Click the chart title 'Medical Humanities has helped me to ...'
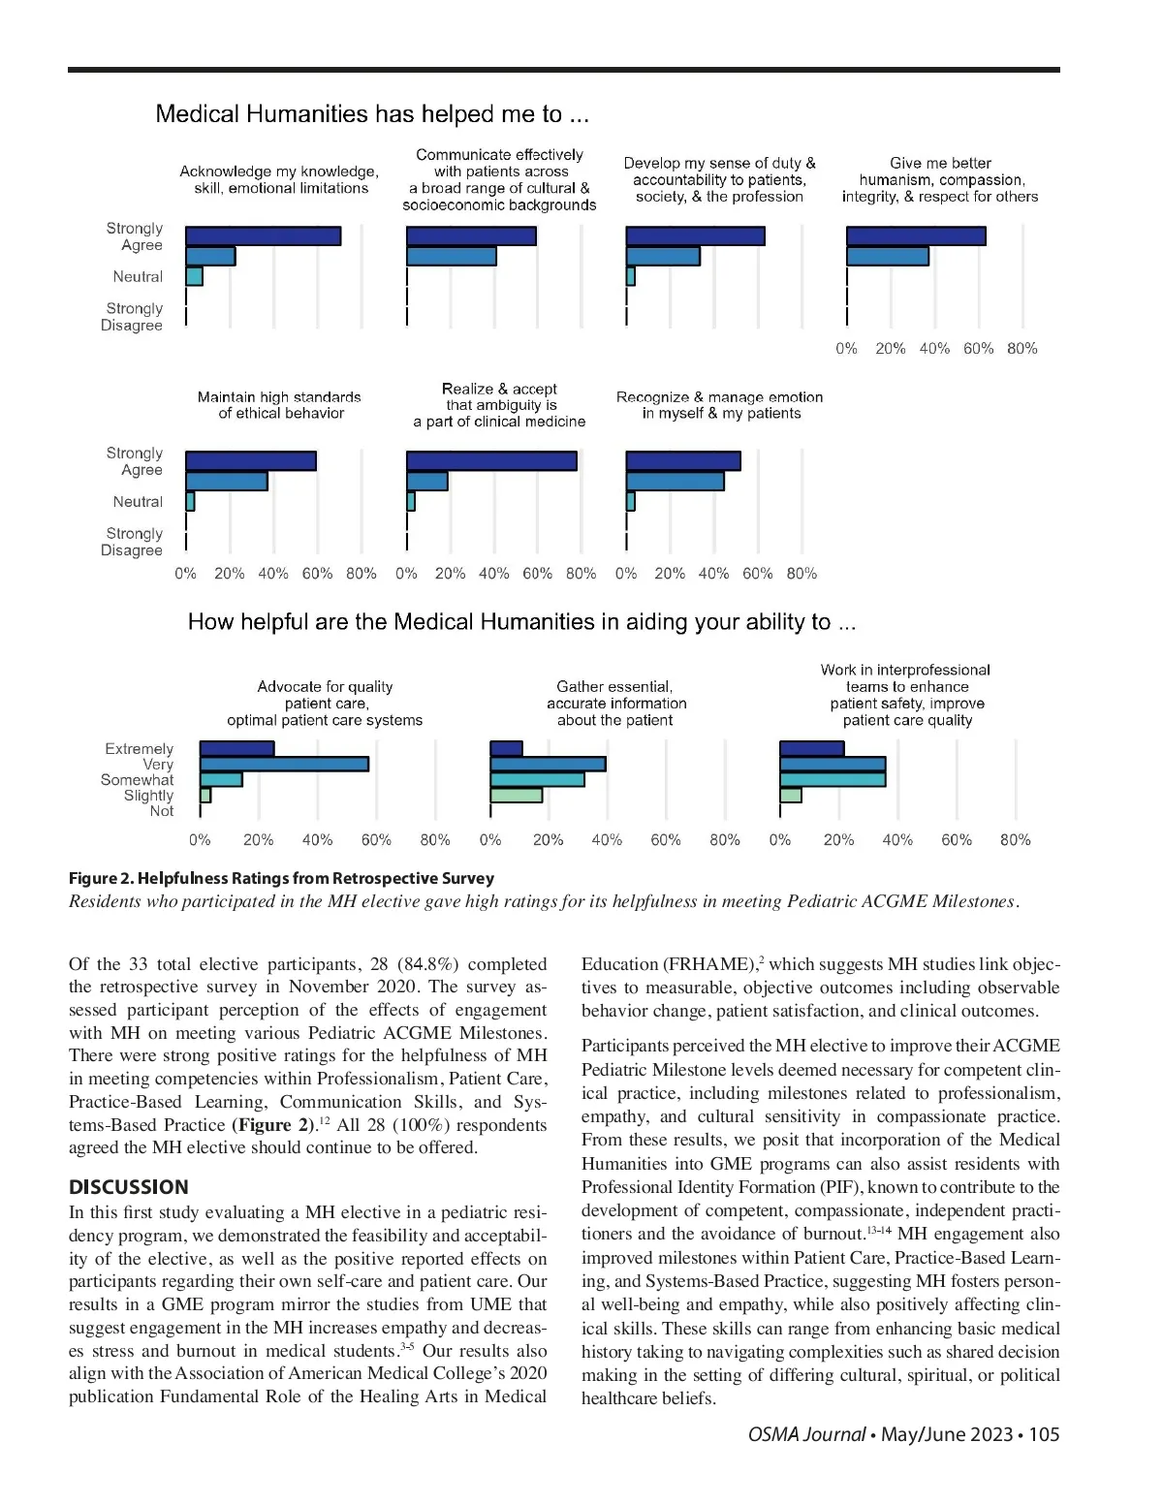click(x=372, y=114)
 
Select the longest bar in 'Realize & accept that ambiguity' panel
click(x=491, y=461)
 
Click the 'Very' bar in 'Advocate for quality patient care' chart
click(x=284, y=764)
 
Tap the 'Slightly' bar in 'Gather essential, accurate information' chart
click(x=516, y=796)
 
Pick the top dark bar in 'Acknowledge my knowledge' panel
click(x=263, y=236)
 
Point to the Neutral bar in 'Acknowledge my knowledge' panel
click(x=194, y=277)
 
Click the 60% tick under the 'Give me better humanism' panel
click(x=978, y=349)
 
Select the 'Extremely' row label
click(x=139, y=749)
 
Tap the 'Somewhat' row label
click(x=137, y=780)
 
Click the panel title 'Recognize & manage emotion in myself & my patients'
click(x=720, y=405)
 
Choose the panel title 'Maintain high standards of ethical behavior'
click(x=279, y=405)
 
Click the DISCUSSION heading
click(x=129, y=1187)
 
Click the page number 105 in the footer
click(x=1044, y=1434)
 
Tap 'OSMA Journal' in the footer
click(x=806, y=1434)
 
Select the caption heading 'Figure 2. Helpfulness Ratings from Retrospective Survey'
click(x=281, y=878)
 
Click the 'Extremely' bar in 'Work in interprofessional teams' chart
click(x=812, y=749)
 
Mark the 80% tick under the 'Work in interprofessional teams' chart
click(x=1015, y=840)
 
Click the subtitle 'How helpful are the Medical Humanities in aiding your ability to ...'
click(x=521, y=622)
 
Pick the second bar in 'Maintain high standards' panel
click(x=227, y=482)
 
